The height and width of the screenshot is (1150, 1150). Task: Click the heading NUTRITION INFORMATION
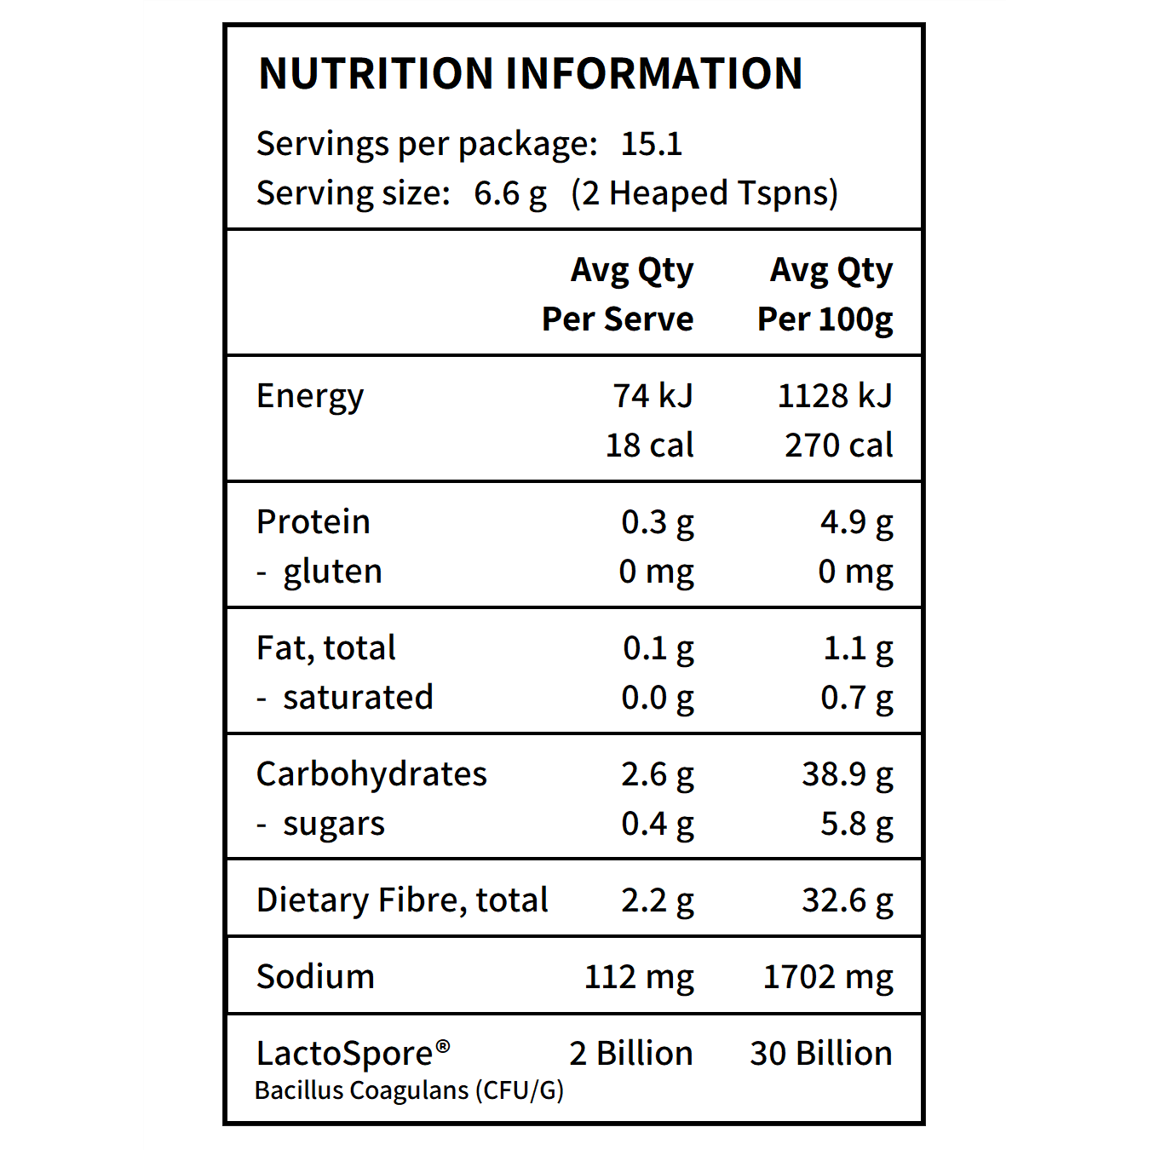[530, 73]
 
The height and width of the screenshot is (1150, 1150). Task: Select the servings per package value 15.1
[652, 144]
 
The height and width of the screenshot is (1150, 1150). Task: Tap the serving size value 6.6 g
[509, 193]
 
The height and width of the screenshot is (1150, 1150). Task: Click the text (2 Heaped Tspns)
[704, 193]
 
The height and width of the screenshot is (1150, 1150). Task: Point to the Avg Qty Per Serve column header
[618, 294]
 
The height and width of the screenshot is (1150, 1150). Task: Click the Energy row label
[310, 397]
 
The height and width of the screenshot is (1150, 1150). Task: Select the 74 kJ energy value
[653, 396]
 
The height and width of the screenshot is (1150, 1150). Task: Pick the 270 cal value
[838, 446]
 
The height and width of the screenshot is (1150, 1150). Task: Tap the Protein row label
[313, 522]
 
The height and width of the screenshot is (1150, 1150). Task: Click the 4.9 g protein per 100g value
[856, 522]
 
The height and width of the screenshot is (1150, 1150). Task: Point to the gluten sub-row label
[332, 572]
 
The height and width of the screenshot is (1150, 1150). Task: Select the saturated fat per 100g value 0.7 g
[856, 698]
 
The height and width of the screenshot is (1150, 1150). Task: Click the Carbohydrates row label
[371, 774]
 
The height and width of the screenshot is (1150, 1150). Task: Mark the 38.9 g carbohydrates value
[847, 774]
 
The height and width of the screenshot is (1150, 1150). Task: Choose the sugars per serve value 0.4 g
[657, 824]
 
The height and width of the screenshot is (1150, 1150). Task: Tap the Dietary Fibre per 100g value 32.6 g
[847, 900]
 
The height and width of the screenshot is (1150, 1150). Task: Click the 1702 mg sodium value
[827, 977]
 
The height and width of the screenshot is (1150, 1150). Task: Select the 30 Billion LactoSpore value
[820, 1054]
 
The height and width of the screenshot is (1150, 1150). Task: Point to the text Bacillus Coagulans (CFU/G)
[409, 1090]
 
